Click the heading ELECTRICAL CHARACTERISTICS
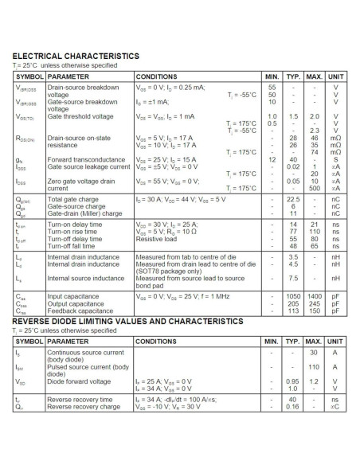coord(76,57)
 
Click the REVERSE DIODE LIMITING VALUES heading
coord(128,320)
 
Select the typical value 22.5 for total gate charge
coord(292,201)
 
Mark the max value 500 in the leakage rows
coord(314,188)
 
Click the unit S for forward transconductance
coord(335,160)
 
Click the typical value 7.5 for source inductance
coord(292,278)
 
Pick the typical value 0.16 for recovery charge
coord(292,406)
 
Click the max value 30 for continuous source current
coord(314,352)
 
